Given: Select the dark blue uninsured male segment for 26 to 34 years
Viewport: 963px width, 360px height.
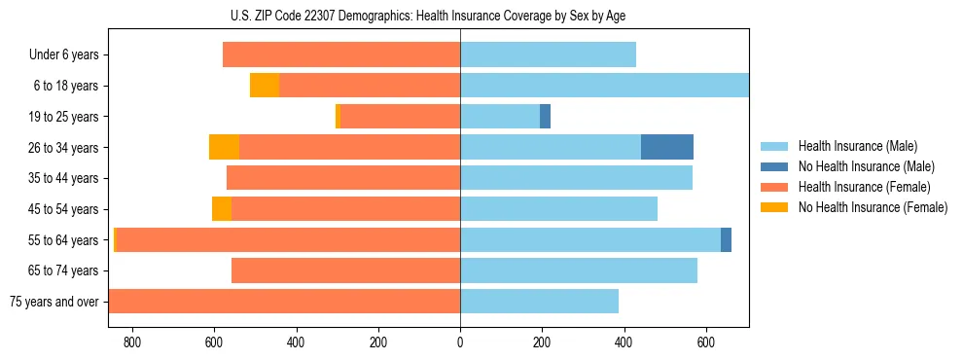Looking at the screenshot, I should coord(667,147).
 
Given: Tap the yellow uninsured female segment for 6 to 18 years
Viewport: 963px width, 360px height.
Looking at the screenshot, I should coord(265,86).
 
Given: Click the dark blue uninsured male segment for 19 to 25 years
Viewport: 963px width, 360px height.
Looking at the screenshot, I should coord(545,117).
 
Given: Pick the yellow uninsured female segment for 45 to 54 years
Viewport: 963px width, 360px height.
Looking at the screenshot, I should coord(222,209).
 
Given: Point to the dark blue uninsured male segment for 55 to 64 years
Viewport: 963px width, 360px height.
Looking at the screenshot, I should coord(726,240).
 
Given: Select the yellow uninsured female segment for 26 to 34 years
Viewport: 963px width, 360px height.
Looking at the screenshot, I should coord(224,147).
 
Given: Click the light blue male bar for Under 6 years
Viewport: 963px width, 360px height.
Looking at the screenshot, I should coord(548,54).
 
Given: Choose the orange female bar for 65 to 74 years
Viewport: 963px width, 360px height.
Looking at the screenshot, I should coord(345,270).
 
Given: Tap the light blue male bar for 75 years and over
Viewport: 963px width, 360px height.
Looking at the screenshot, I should coord(539,302).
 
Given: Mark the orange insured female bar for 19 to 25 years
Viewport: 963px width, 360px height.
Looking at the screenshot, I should coord(400,117).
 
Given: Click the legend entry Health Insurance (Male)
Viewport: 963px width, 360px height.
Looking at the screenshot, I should coord(857,146).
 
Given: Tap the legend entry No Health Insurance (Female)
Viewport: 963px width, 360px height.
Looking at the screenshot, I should coord(873,207).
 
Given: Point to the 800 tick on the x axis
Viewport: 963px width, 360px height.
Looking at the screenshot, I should coord(132,342).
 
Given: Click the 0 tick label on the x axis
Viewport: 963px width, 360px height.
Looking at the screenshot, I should coord(460,342).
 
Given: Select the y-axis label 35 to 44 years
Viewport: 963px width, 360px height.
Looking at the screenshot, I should coord(64,178).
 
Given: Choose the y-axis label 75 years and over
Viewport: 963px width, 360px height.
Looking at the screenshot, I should coord(53,302).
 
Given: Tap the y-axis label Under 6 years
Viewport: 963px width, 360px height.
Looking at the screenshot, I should coord(64,54).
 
